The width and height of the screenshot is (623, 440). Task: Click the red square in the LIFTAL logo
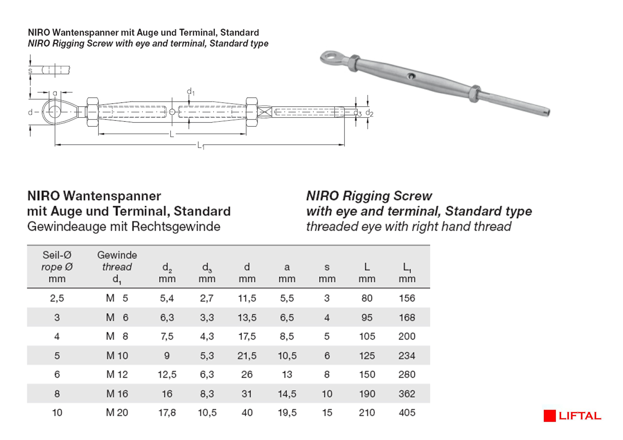(x=550, y=416)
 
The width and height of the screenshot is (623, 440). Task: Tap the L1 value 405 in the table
(x=407, y=413)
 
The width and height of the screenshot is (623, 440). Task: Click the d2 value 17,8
(x=167, y=413)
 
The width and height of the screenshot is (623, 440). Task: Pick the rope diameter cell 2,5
(x=57, y=298)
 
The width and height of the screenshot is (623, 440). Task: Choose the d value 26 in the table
(x=247, y=375)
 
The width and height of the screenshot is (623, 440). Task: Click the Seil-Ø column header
(x=57, y=255)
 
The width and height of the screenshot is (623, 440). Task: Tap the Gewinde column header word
(x=117, y=255)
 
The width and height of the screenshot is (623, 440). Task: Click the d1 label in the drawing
(x=191, y=92)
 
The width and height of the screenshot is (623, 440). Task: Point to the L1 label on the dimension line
(x=201, y=146)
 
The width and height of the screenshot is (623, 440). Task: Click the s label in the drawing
(x=30, y=71)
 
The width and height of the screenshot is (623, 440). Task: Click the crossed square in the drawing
(x=264, y=112)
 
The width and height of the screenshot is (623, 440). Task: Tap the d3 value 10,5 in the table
(x=207, y=413)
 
